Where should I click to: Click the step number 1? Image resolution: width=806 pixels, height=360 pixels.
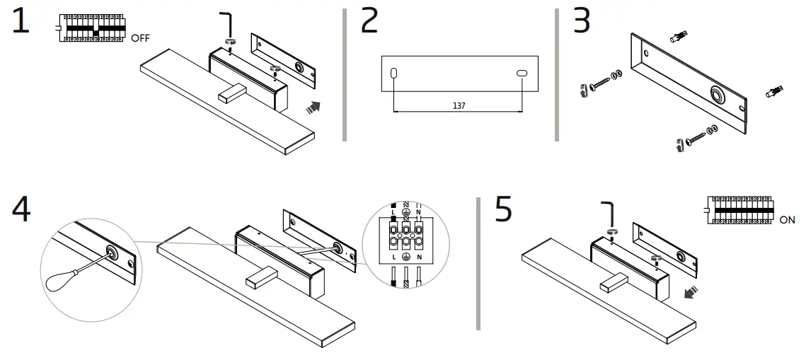pos(21,22)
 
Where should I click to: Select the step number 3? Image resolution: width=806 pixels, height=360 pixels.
pos(581,22)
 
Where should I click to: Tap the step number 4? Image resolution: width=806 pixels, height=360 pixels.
pos(22,209)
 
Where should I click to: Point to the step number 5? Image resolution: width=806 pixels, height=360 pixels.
pos(503,210)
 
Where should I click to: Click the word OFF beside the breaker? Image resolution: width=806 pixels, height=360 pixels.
pos(139,38)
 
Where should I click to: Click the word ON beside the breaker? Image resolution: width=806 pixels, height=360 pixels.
pos(787,220)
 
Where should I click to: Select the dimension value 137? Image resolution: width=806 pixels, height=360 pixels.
pos(459,106)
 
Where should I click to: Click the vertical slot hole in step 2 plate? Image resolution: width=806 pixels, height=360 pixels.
pos(394,73)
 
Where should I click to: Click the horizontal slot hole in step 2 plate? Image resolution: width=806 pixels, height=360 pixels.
pos(522,73)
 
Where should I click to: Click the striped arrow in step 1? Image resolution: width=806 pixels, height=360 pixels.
pos(311,107)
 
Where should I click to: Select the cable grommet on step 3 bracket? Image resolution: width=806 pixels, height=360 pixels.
pos(716,94)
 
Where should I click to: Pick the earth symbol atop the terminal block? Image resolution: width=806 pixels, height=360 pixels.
pos(405,211)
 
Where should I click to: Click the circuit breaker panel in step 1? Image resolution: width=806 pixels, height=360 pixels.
pos(92,28)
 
